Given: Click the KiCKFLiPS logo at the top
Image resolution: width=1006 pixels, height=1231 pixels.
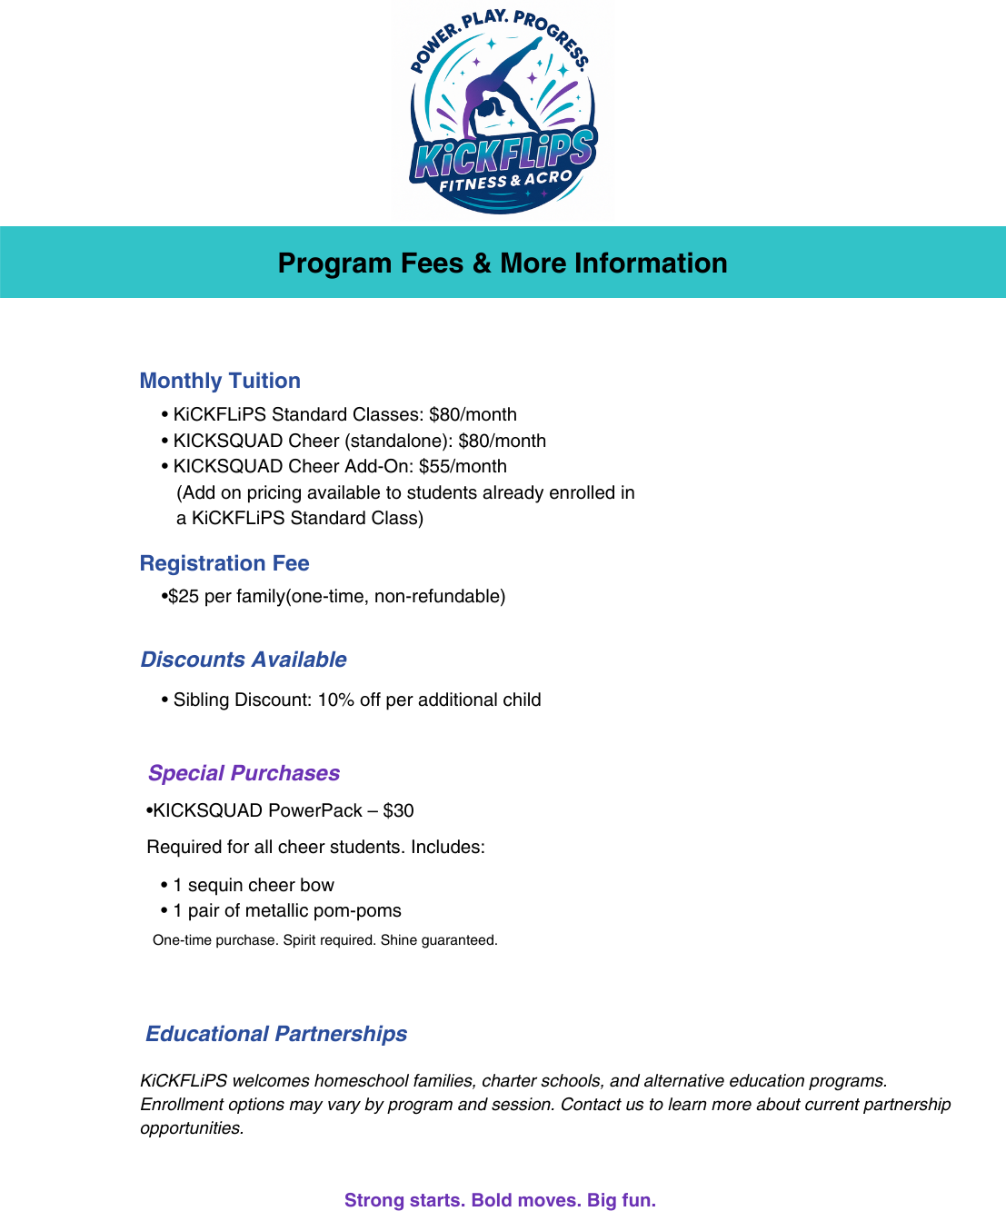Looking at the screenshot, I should coord(503,109).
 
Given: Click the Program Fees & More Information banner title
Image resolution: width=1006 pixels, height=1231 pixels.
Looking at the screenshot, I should coord(503,263).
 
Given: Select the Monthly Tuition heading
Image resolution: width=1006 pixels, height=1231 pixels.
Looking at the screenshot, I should coord(220,381).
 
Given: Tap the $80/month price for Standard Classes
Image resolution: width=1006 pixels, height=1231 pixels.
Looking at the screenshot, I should coord(473,414).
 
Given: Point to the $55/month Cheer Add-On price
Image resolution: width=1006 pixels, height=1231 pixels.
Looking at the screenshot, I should coord(463,466).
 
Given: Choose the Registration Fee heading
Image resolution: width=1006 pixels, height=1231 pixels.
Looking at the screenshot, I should coord(224,563).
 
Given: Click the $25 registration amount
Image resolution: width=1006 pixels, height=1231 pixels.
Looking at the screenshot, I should coord(184,596).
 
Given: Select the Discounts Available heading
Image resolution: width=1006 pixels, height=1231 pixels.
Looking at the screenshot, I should coord(244,660).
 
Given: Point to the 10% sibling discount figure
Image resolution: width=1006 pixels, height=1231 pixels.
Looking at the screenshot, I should coord(335,700).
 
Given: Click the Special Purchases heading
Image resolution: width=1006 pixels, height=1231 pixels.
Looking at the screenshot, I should coord(244,773).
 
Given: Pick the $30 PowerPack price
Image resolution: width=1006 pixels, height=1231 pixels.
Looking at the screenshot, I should coord(398,810).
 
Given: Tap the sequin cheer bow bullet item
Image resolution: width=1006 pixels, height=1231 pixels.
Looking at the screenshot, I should coord(254,885).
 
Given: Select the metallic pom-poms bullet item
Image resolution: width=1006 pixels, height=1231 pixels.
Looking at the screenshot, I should coord(287,910).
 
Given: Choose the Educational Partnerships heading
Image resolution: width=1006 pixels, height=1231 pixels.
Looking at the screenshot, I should coord(276,1034).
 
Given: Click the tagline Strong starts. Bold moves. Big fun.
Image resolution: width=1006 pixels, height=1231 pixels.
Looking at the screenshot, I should coord(500,1200).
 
